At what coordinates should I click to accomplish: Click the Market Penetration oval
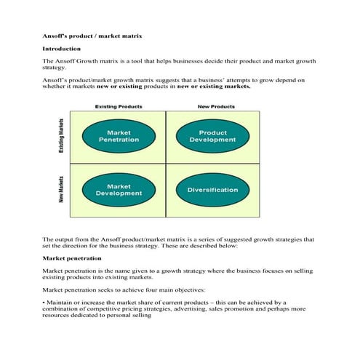tap(119, 136)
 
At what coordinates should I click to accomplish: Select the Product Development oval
tap(212, 136)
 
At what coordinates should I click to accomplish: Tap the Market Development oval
tap(119, 190)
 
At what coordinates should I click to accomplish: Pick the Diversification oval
tap(212, 190)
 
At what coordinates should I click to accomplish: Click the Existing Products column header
tap(119, 107)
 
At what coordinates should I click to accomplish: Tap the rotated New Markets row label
tap(61, 190)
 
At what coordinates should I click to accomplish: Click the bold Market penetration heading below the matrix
tap(72, 257)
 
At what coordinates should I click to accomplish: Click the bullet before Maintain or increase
tap(44, 301)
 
